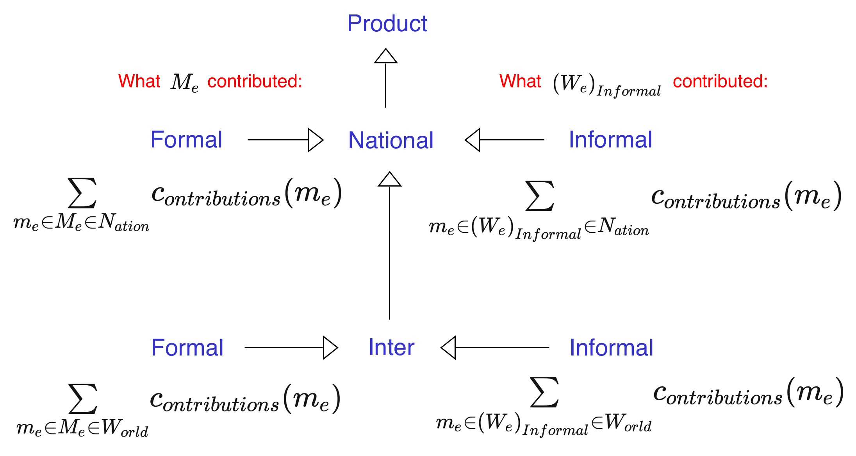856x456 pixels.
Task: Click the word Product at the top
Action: click(x=387, y=23)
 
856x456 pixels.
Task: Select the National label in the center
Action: click(x=391, y=140)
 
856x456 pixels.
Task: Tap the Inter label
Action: click(x=391, y=347)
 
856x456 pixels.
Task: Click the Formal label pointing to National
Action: click(x=186, y=140)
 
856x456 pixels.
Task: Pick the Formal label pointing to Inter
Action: click(x=187, y=347)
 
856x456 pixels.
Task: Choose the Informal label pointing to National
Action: click(x=610, y=140)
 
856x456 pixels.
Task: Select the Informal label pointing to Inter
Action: click(x=611, y=347)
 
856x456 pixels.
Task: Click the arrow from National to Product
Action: click(x=386, y=78)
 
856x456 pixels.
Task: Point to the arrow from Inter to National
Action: click(x=390, y=246)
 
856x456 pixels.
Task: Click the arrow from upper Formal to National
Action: click(x=285, y=140)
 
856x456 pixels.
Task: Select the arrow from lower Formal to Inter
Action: click(x=291, y=347)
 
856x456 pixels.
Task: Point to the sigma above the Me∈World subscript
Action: click(x=83, y=399)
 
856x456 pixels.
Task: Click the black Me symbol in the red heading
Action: click(x=184, y=83)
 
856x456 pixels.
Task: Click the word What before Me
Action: click(x=139, y=81)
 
